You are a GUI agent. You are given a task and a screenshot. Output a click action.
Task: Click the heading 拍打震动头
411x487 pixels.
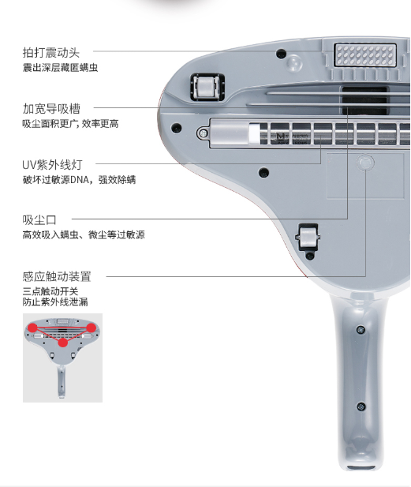[51, 53]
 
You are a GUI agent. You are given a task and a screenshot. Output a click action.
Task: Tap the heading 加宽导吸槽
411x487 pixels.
[51, 109]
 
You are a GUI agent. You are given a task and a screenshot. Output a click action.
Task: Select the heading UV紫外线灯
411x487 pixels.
[52, 165]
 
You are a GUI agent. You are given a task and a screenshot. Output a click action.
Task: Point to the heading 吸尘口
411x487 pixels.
[39, 220]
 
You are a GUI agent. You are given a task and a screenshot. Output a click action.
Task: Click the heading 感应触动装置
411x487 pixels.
[57, 276]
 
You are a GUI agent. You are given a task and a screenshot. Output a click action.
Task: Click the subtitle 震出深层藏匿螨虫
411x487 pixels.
[60, 67]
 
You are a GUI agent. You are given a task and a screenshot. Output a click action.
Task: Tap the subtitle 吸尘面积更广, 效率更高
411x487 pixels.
[70, 124]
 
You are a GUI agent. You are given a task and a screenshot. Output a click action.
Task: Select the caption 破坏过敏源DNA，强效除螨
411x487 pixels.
[79, 179]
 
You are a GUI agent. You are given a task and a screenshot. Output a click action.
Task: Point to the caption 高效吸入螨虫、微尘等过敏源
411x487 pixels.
[84, 234]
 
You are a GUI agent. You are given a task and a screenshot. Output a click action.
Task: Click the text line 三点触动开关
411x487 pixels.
[50, 291]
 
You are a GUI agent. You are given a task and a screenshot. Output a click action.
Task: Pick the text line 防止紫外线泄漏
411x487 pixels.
[55, 302]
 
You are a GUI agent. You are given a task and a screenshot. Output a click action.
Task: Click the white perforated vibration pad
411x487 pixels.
[365, 55]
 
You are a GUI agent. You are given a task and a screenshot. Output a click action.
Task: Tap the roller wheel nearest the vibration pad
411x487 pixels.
[207, 87]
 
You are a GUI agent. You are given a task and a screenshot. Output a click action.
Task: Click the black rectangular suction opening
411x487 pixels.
[364, 100]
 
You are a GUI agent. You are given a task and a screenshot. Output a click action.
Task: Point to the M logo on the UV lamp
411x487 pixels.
[281, 136]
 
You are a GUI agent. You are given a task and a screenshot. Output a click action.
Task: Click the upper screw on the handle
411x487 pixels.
[361, 329]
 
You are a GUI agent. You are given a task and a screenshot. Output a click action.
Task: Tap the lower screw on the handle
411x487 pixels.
[361, 406]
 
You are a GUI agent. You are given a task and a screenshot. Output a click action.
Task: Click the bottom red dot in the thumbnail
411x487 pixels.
[63, 343]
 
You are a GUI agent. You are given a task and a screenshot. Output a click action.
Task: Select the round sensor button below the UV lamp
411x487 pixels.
[365, 162]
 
